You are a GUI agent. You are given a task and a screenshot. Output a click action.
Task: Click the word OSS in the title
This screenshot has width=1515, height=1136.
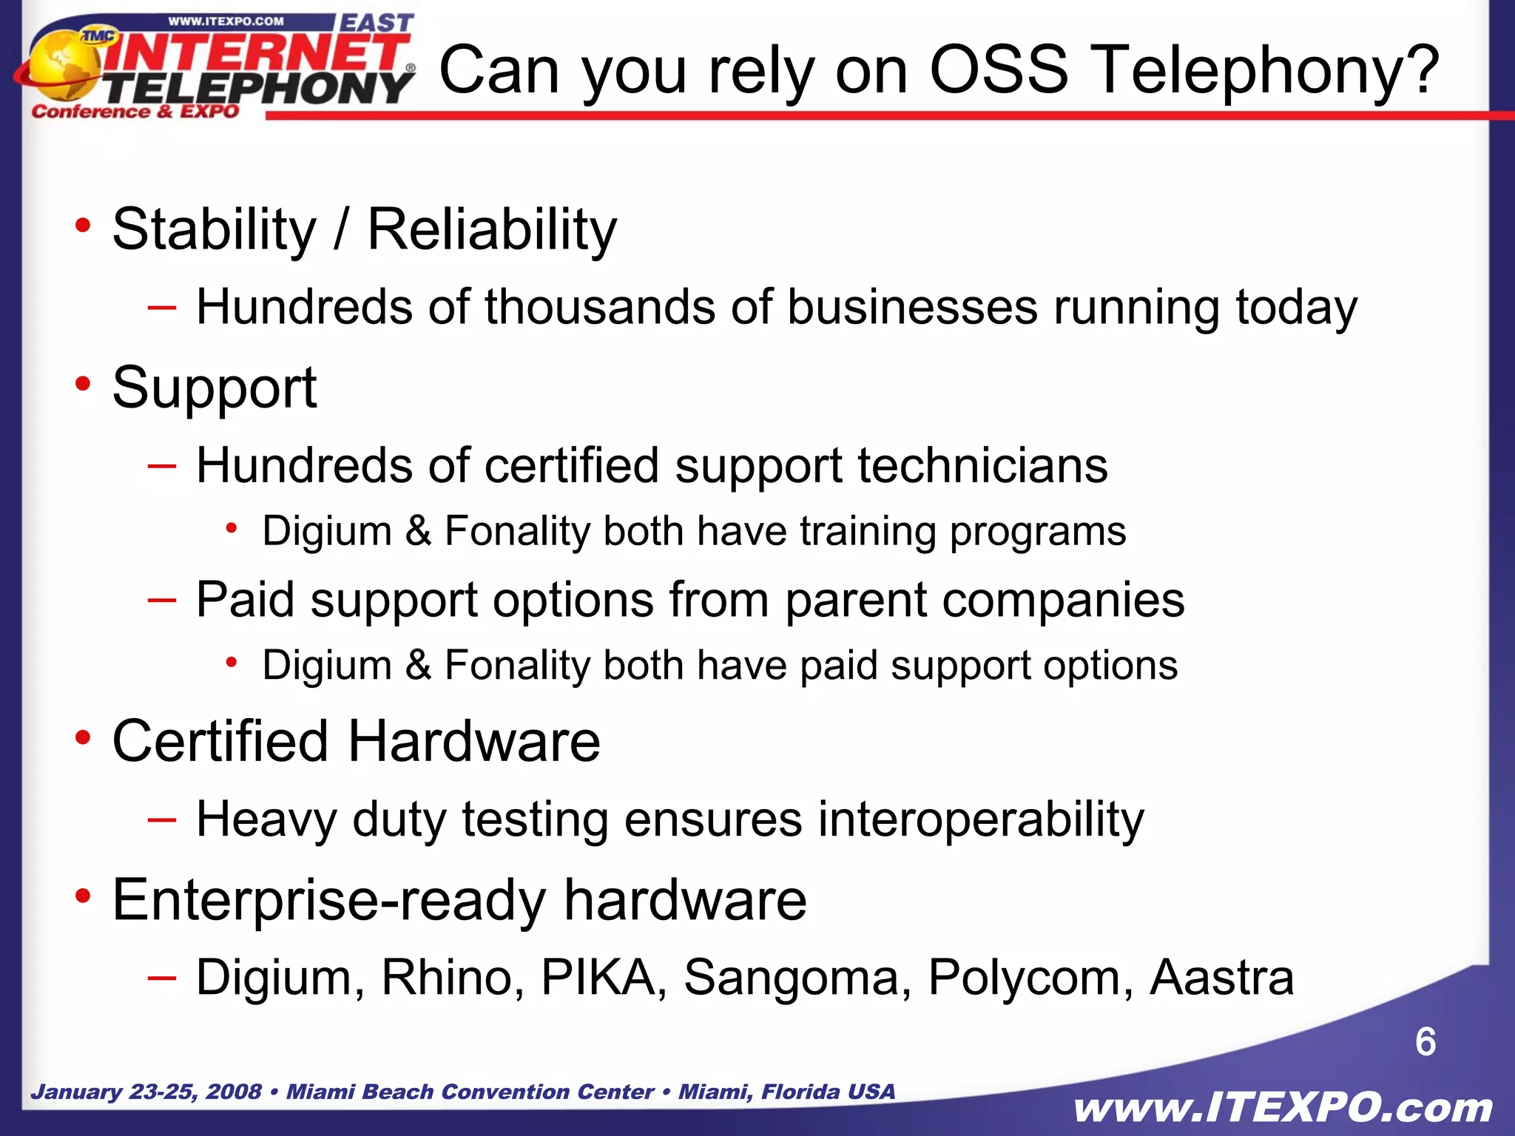[x=998, y=70]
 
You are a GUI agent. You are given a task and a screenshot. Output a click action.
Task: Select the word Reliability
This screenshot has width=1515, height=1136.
[x=492, y=230]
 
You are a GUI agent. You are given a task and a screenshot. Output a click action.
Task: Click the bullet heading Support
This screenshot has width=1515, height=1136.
[x=215, y=388]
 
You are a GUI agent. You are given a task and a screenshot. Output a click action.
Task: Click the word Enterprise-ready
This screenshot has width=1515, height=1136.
[x=329, y=901]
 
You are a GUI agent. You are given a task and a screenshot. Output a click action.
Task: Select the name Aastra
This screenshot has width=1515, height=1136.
[x=1221, y=978]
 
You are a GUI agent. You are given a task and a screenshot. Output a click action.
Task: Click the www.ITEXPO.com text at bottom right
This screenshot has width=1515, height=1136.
[x=1283, y=1108]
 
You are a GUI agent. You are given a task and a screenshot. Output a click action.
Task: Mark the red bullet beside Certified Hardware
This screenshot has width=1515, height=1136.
[x=83, y=737]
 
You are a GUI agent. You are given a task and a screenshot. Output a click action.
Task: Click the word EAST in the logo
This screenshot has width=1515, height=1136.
[x=376, y=23]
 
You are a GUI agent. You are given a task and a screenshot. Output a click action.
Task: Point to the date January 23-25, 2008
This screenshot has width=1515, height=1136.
[x=146, y=1092]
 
